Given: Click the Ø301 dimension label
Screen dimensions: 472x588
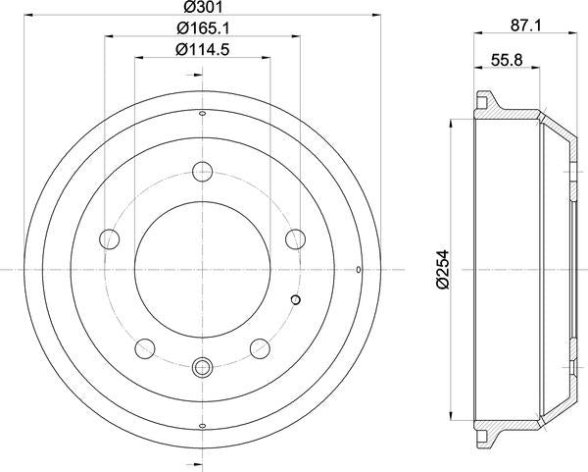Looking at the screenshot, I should tap(202, 8).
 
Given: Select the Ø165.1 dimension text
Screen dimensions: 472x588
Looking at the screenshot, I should tap(202, 29).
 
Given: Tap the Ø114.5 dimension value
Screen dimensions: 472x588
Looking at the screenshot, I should tap(202, 51).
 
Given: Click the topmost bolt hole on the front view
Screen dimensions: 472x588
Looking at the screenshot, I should tap(202, 168).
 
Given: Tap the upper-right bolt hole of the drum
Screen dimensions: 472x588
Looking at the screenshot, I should tap(291, 237).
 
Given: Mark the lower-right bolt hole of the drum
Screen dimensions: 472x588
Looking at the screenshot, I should tap(259, 346).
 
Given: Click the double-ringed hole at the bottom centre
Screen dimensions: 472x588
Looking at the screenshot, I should tap(202, 369).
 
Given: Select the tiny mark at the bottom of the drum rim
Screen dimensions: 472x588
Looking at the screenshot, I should tap(202, 425).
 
